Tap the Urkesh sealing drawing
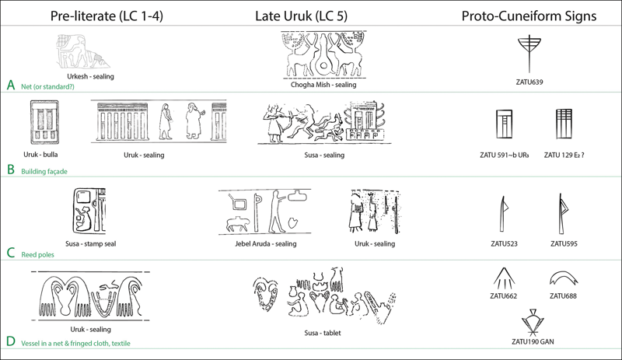click(x=83, y=54)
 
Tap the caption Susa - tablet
click(x=323, y=334)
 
